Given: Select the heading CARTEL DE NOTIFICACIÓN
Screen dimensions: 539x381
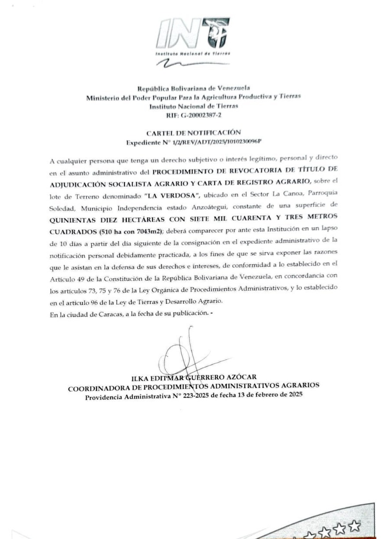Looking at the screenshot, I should (193, 133).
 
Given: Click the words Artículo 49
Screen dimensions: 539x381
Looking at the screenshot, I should (63, 279).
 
